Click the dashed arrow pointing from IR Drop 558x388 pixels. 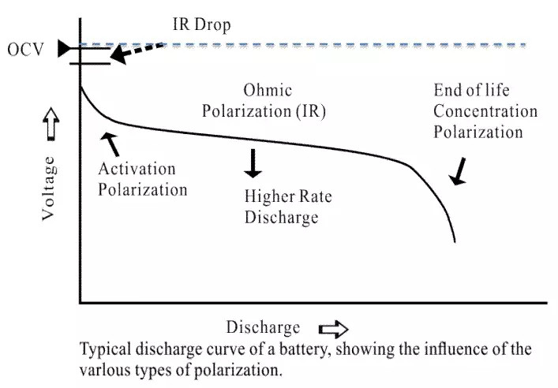pos(142,49)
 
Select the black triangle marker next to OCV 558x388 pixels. pos(63,50)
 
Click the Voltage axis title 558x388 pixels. pos(49,187)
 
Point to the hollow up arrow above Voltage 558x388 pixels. pos(49,123)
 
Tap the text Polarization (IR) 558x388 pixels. pos(264,111)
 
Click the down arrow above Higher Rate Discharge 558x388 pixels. pos(253,162)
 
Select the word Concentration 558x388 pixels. pos(485,110)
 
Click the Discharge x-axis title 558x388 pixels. pos(263,327)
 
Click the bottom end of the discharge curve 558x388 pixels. pos(455,241)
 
